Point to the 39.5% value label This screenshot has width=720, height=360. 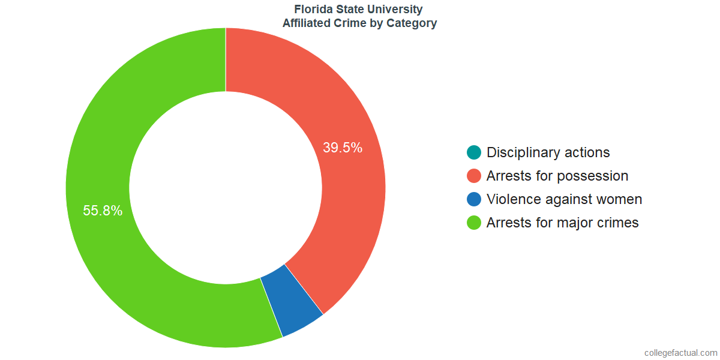[343, 148]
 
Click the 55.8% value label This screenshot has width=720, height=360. [103, 211]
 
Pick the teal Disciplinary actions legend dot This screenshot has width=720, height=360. [474, 152]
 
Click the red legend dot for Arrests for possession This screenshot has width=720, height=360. [474, 176]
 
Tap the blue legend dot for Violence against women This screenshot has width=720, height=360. [474, 199]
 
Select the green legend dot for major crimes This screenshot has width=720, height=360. [474, 223]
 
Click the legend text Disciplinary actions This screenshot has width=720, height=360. [548, 152]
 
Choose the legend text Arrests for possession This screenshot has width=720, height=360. [557, 176]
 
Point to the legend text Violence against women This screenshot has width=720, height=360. [564, 199]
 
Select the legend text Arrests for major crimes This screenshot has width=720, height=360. [562, 223]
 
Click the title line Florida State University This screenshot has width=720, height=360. [359, 10]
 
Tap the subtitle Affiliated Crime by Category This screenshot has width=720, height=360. [359, 23]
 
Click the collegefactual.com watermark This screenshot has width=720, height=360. [680, 353]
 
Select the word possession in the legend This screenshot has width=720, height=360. [593, 176]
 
